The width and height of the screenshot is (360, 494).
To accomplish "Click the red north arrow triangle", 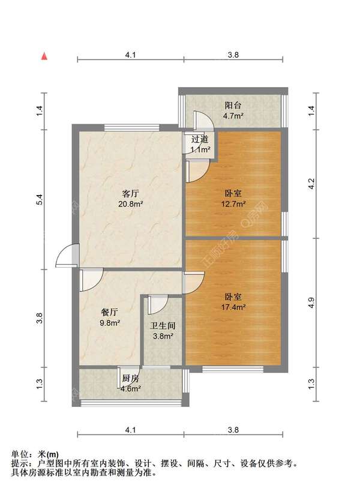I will coord(44,56).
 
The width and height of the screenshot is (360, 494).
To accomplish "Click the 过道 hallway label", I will coord(200,139).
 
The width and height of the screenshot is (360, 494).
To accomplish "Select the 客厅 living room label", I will coord(131,194).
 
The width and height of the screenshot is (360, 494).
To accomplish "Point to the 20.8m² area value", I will coord(131,204).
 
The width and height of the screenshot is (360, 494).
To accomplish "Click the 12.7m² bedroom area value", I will coord(233,204).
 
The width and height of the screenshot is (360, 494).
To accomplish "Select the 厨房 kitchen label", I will coord(131,378).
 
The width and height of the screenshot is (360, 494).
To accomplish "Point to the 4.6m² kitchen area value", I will coord(131,388).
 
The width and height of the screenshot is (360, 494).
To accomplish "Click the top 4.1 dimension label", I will coord(130,55).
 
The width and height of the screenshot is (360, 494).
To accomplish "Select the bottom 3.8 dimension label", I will coord(233,430).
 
